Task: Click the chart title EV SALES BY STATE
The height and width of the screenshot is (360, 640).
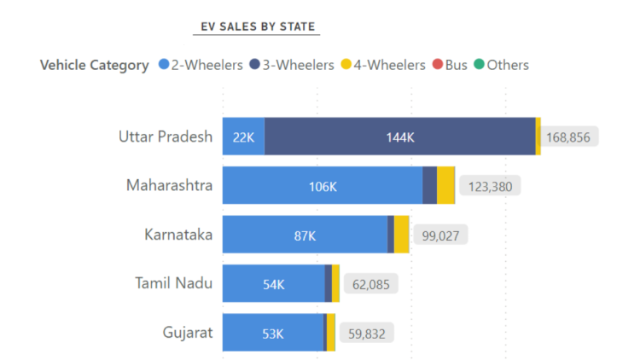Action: [256, 26]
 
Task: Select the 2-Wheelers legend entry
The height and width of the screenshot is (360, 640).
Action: [202, 65]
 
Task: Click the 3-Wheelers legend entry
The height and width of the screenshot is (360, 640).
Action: [293, 65]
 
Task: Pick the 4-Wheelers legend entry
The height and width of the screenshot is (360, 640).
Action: [383, 65]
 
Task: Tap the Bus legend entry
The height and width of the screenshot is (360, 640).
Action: [451, 65]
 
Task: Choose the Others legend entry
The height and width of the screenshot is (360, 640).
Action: [502, 65]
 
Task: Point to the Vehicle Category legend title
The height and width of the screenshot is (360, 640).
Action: [95, 65]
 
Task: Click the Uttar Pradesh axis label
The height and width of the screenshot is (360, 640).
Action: [166, 136]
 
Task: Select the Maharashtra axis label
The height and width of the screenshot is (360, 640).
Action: [169, 185]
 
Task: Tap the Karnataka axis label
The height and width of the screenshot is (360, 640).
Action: [178, 234]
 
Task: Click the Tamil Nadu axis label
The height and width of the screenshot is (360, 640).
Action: [174, 283]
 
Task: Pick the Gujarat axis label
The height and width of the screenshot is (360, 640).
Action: [188, 332]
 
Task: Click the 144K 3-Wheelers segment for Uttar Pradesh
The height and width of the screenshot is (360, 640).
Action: [399, 136]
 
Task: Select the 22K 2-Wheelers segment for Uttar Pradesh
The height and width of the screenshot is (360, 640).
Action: [243, 136]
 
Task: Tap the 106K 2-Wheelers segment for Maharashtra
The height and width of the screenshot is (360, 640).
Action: [323, 185]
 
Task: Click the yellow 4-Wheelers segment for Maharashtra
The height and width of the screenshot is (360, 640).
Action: [445, 185]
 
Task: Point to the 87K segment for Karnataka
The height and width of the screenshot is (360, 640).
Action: [305, 235]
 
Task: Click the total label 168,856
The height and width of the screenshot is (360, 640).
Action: [573, 136]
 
